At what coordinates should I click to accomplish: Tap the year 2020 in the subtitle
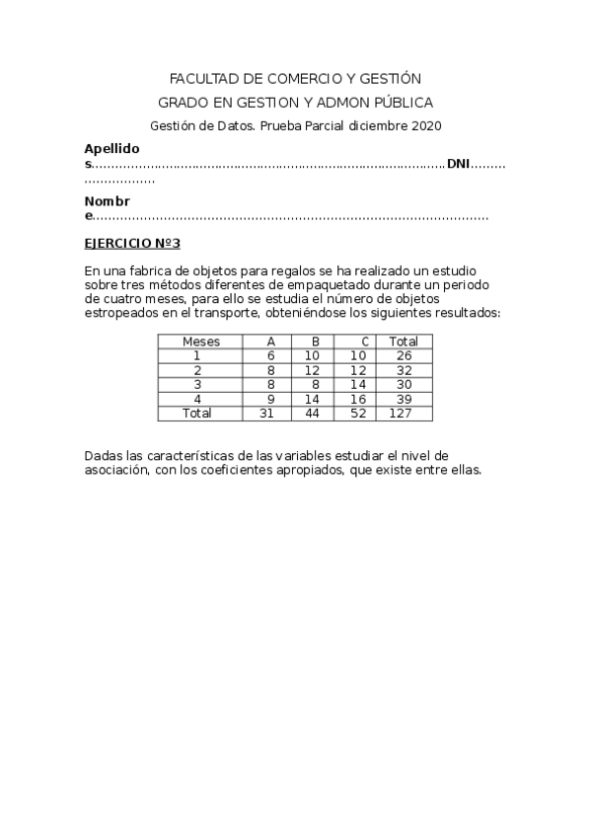(x=425, y=125)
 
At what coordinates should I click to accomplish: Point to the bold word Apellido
(x=111, y=149)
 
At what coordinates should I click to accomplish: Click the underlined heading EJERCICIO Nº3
(x=132, y=243)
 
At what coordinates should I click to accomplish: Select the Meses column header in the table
(x=200, y=342)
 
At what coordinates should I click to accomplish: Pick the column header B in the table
(x=315, y=342)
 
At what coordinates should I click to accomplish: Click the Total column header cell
(x=403, y=342)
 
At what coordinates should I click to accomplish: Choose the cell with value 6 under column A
(x=269, y=355)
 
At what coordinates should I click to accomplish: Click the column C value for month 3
(x=357, y=385)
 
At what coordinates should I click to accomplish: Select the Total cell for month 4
(x=403, y=400)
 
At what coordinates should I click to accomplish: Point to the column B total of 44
(x=313, y=414)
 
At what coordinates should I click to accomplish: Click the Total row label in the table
(x=197, y=414)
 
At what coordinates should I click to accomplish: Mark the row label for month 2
(x=197, y=370)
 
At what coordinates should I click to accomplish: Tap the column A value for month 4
(x=269, y=400)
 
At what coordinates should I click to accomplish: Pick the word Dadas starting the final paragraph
(x=103, y=456)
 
